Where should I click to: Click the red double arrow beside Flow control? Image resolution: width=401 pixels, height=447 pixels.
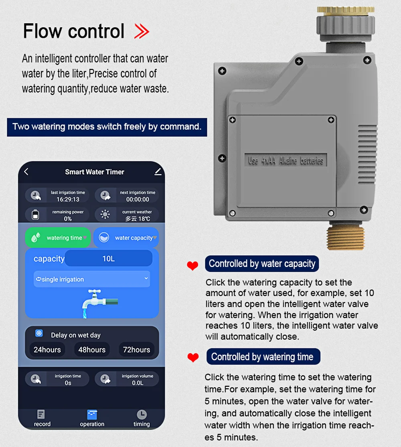(x=142, y=31)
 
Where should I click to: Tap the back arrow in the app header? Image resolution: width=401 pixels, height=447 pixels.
(x=26, y=172)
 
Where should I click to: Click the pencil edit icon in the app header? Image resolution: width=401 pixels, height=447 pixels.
(x=158, y=172)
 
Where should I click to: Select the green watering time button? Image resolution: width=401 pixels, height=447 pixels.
(x=58, y=237)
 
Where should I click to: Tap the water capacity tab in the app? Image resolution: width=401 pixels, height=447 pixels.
(x=126, y=237)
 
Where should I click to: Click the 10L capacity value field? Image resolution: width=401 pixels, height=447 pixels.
(x=108, y=259)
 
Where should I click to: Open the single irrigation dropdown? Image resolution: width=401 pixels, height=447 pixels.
(x=92, y=279)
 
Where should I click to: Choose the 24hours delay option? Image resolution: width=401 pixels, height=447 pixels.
(x=47, y=350)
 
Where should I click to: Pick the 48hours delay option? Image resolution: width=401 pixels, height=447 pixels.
(x=92, y=350)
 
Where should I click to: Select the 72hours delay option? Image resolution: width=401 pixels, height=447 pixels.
(x=136, y=350)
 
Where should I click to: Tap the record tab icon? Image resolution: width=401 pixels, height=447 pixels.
(x=41, y=414)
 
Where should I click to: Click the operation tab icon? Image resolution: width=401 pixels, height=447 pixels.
(x=92, y=415)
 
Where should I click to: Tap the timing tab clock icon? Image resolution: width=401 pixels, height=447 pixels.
(x=142, y=415)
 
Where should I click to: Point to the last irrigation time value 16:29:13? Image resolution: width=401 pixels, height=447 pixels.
(x=68, y=199)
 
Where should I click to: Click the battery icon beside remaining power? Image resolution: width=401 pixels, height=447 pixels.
(x=35, y=214)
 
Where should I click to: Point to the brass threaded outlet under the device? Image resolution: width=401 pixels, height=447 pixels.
(x=346, y=236)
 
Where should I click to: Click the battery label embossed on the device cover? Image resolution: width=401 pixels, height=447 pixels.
(x=286, y=160)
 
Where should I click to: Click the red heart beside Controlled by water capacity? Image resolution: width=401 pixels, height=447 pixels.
(x=192, y=265)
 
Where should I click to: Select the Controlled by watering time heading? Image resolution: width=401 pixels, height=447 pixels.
(x=263, y=357)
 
